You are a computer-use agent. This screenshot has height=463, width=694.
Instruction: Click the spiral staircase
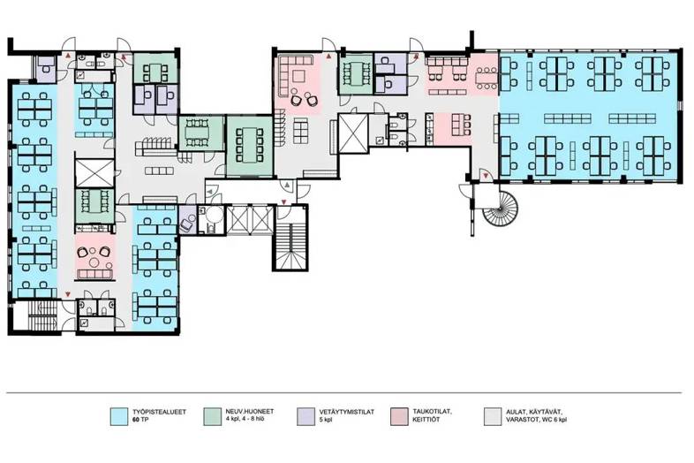[x=500, y=209]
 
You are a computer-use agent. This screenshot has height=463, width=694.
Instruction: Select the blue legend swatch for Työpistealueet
[x=119, y=416]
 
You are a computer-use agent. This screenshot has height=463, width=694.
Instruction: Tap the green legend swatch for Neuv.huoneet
[x=213, y=416]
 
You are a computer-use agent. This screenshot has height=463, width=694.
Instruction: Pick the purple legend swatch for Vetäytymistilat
[x=306, y=416]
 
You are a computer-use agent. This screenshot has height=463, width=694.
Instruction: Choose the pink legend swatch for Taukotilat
[x=400, y=416]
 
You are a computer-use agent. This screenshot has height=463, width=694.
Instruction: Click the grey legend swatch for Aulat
[x=493, y=416]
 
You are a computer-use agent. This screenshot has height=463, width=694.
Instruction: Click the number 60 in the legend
[x=136, y=420]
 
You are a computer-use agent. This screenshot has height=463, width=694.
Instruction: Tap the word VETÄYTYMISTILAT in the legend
[x=346, y=412]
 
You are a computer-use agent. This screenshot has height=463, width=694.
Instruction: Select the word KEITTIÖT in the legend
[x=426, y=420]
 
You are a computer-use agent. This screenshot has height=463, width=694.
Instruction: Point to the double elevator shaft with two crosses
[x=250, y=220]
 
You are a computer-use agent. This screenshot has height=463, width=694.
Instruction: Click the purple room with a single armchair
[x=187, y=220]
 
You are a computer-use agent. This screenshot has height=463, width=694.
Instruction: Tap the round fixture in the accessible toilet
[x=215, y=216]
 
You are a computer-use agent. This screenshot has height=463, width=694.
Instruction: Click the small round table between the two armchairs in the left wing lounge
[x=94, y=262]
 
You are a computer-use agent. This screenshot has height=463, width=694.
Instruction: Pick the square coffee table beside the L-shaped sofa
[x=298, y=77]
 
